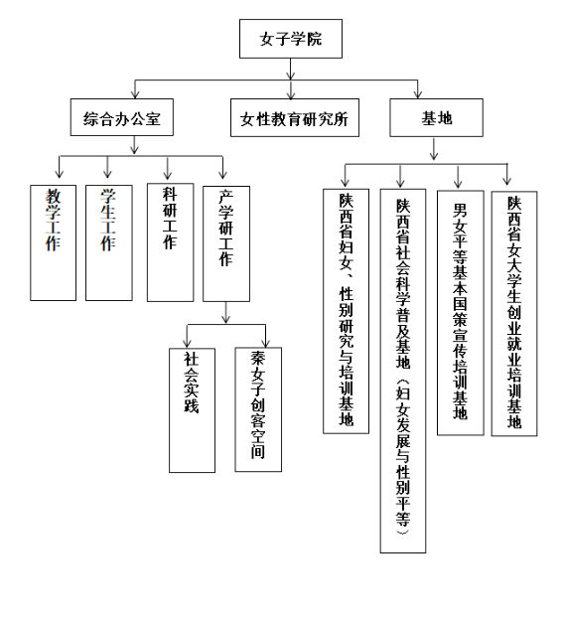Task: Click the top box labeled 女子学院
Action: coord(291,39)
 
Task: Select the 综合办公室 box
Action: coord(122,117)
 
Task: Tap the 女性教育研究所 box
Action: coord(295,118)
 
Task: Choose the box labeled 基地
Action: coord(436,118)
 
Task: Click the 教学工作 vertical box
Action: coord(53,242)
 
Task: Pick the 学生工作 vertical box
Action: coord(109,242)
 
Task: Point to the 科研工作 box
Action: coord(170,242)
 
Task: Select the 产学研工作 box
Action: coord(226,243)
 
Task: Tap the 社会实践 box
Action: coord(192,410)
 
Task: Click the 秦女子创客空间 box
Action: coord(258,409)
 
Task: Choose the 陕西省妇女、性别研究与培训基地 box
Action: coord(346,311)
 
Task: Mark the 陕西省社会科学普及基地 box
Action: coord(403,371)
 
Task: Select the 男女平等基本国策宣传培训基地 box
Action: coord(461,313)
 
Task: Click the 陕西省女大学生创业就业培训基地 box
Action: coord(514,314)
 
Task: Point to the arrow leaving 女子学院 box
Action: coord(291,70)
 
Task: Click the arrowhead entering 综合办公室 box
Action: coord(135,94)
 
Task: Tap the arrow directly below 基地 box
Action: coord(434,149)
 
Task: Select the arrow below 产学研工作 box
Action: coord(225,312)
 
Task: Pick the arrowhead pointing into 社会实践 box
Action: coord(187,344)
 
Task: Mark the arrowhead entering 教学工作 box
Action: coord(60,174)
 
